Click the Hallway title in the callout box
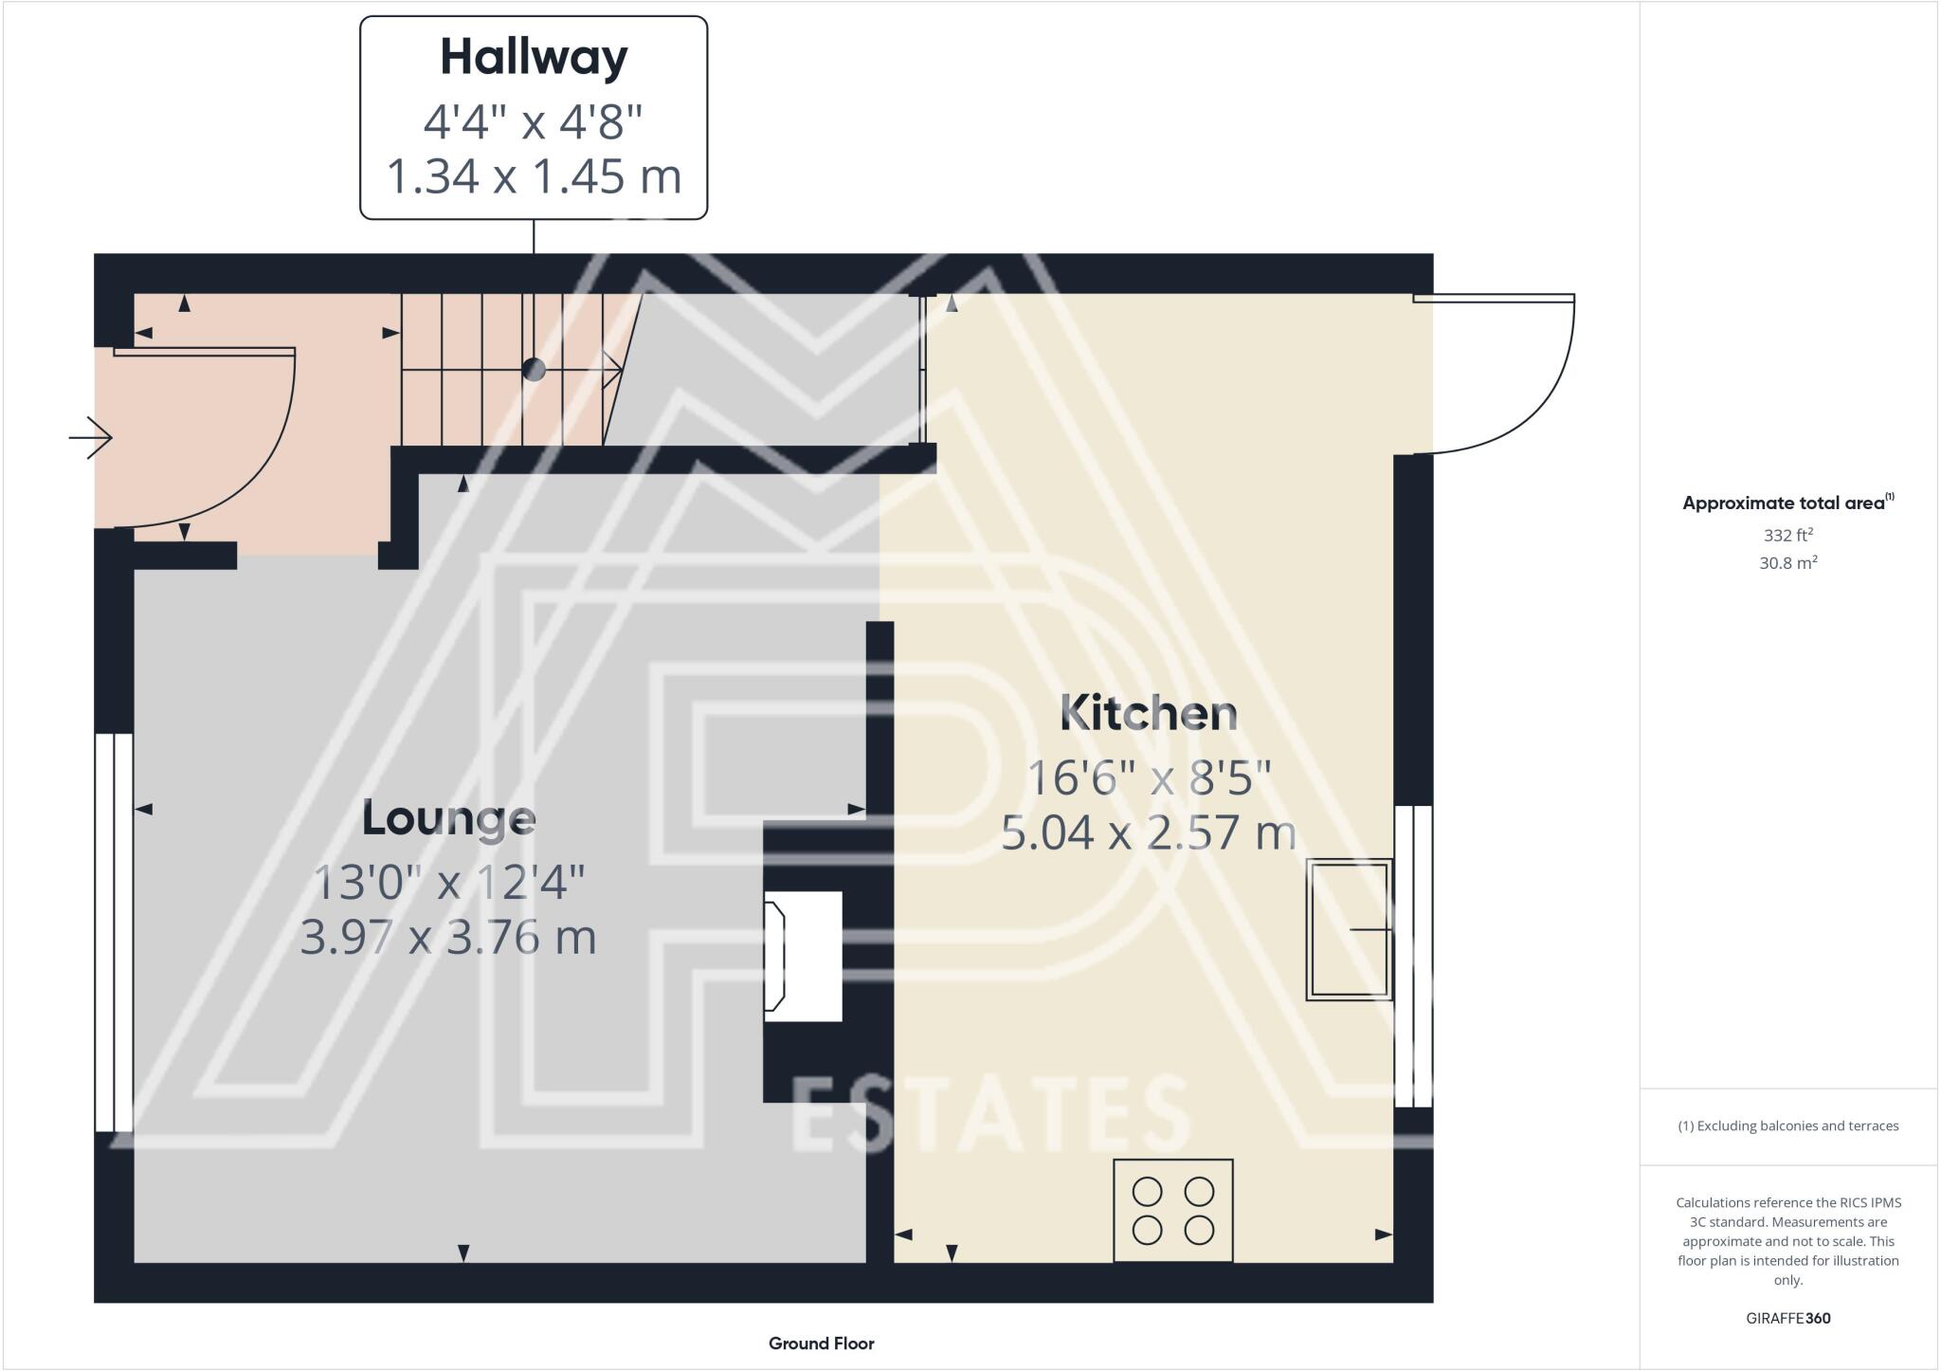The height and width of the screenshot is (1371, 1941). (x=534, y=58)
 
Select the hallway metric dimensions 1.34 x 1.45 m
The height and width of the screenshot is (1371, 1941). (x=534, y=176)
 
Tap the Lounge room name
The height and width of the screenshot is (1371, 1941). (x=448, y=818)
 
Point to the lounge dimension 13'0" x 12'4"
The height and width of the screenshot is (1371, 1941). (x=448, y=883)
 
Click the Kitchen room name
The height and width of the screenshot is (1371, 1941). (x=1148, y=713)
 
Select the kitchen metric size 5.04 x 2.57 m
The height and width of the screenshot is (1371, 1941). (x=1148, y=833)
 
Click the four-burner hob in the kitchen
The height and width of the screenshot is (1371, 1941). (x=1172, y=1210)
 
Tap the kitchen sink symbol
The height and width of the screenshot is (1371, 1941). (x=1349, y=929)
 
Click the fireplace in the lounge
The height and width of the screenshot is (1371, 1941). (x=802, y=956)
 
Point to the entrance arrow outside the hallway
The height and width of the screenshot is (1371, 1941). (x=92, y=438)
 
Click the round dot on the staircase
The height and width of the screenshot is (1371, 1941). (x=534, y=369)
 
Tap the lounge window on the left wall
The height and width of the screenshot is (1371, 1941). (x=114, y=931)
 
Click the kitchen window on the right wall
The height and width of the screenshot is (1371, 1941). (x=1413, y=956)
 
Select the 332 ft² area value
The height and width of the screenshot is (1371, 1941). (x=1787, y=535)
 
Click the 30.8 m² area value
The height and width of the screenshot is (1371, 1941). (x=1787, y=563)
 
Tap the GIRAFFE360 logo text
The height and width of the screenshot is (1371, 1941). (x=1787, y=1318)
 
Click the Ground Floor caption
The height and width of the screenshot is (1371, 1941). (x=821, y=1344)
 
